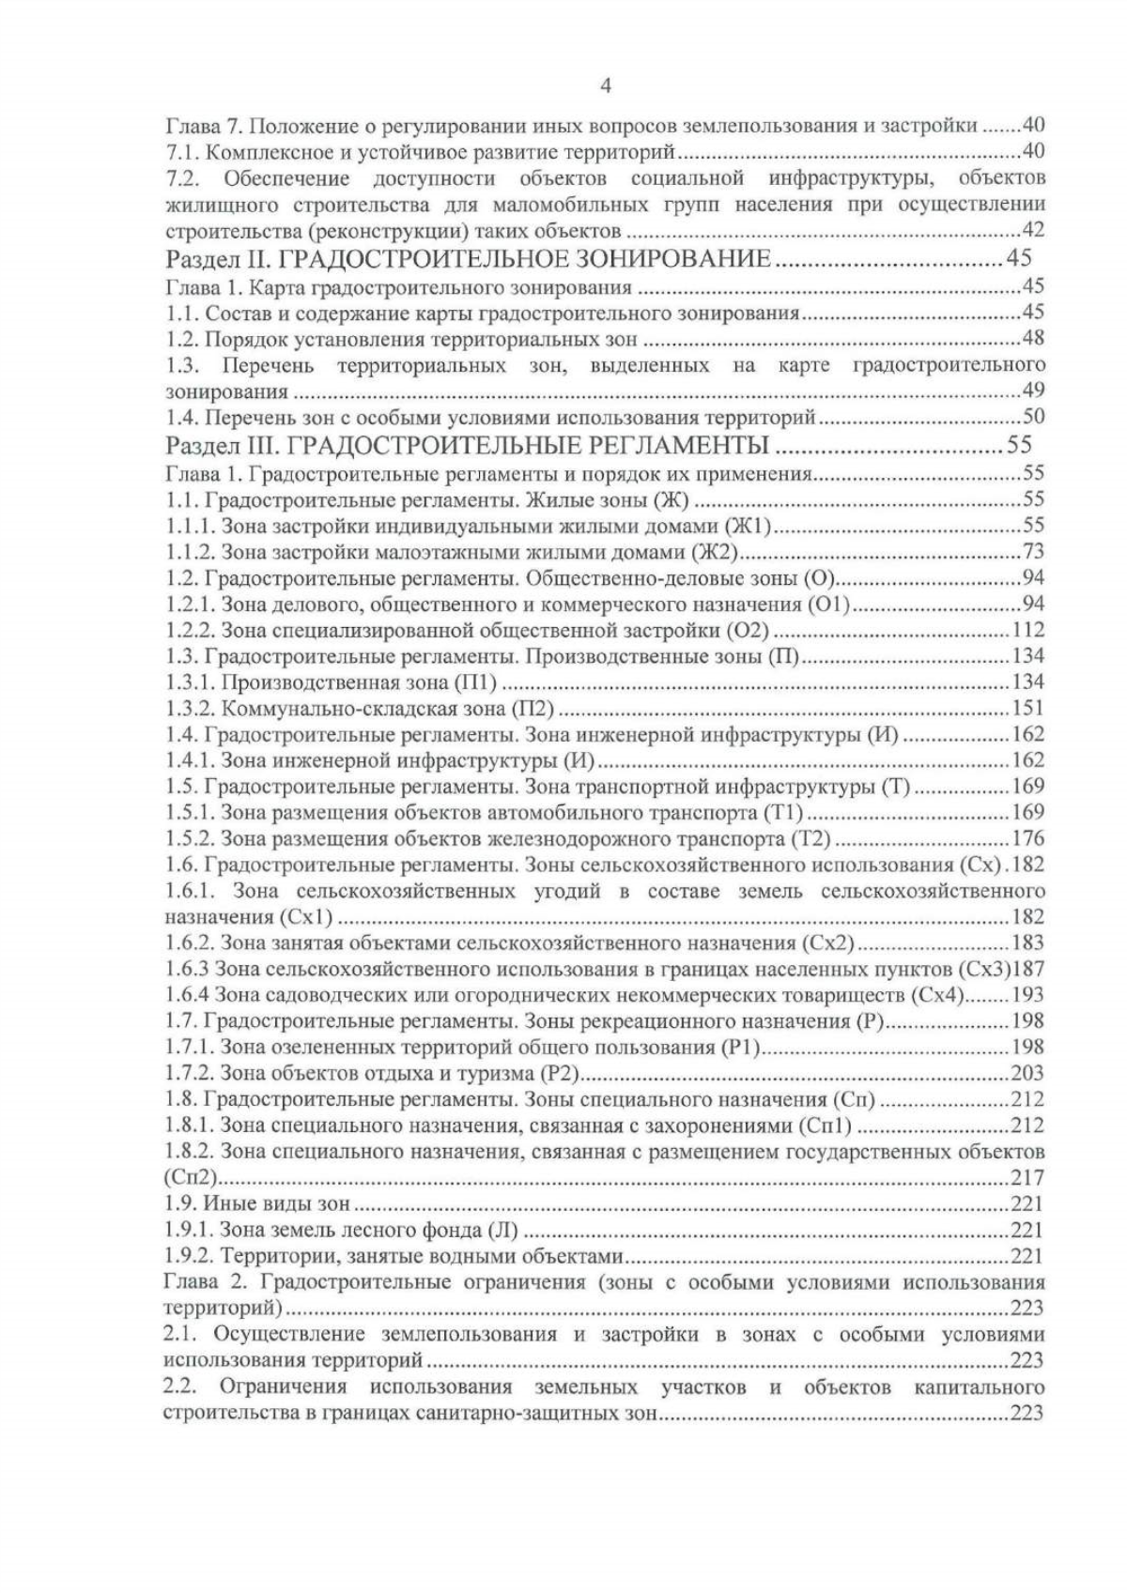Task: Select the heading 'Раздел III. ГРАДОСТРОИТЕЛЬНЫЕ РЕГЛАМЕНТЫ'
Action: point(467,444)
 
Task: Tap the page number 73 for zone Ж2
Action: point(1032,551)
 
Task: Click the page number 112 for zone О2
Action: point(1027,630)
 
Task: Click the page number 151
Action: point(1027,709)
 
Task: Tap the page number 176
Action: point(1027,838)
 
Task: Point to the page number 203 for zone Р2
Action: point(1027,1074)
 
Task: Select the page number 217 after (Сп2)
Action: point(1027,1178)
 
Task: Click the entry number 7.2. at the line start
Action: point(180,178)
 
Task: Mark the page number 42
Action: point(1033,230)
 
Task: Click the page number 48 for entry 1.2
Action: point(1033,338)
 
